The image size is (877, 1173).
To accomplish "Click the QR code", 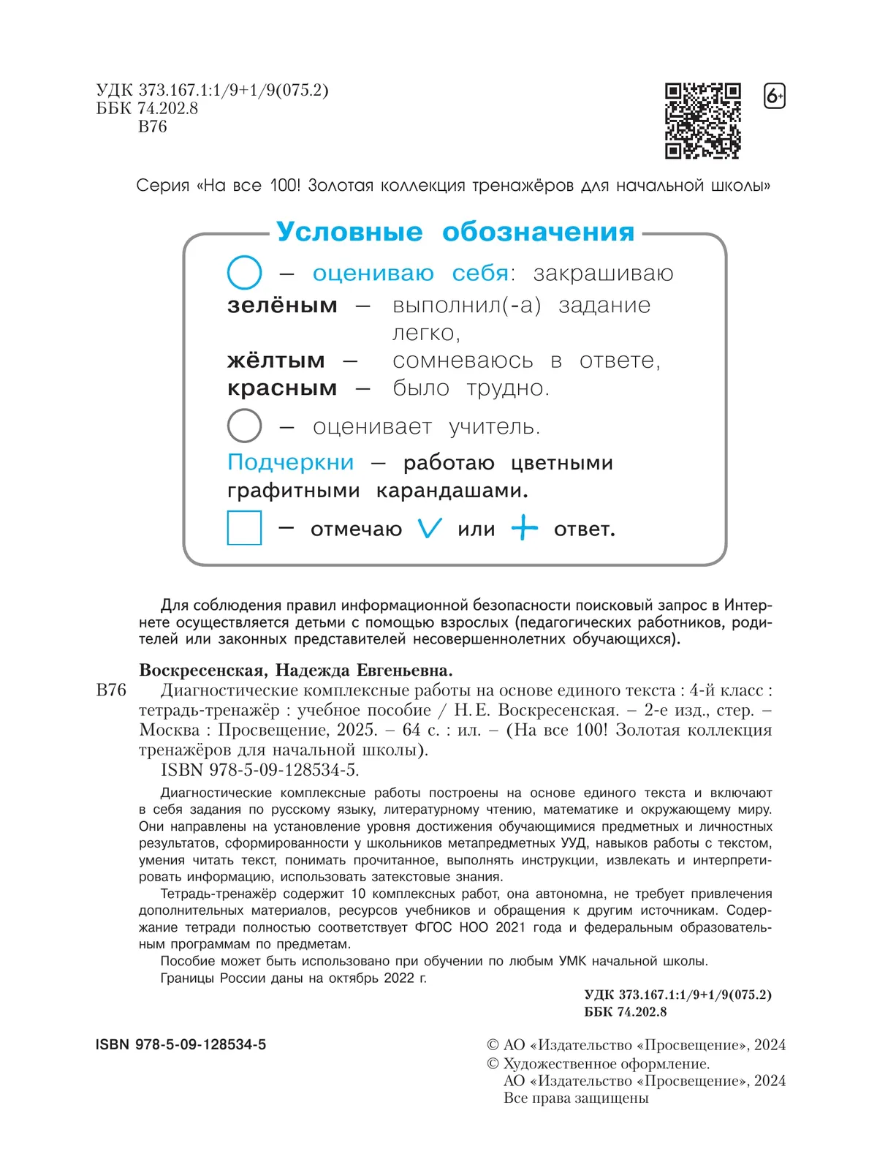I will pos(702,121).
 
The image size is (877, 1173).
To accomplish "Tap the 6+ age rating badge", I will pos(774,97).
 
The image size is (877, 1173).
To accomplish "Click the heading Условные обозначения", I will pos(455,232).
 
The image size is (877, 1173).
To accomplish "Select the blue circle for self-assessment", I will pos(244,273).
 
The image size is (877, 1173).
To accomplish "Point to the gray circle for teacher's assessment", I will pos(244,426).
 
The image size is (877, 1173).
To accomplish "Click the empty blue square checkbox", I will pos(244,527).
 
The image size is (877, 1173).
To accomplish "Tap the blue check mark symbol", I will pos(430,528).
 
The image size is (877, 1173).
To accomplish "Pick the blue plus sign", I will pos(524,527).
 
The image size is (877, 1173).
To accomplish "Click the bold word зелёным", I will pos(282,305).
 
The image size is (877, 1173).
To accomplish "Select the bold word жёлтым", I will pos(276,361).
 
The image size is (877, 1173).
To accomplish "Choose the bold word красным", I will pos(282,388).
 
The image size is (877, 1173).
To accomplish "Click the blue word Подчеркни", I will pos(290,463).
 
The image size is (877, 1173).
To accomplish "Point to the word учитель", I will pos(494,427).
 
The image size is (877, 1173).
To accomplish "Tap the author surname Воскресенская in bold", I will pos(201,670).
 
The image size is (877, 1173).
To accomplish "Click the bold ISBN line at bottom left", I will pos(181,1045).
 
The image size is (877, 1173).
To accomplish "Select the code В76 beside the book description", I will pos(111,690).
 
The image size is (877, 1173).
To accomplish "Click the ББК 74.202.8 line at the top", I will pos(147,108).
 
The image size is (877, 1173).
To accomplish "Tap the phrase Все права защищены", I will pos(576,1098).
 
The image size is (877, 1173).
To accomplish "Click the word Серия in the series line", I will pos(162,186).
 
